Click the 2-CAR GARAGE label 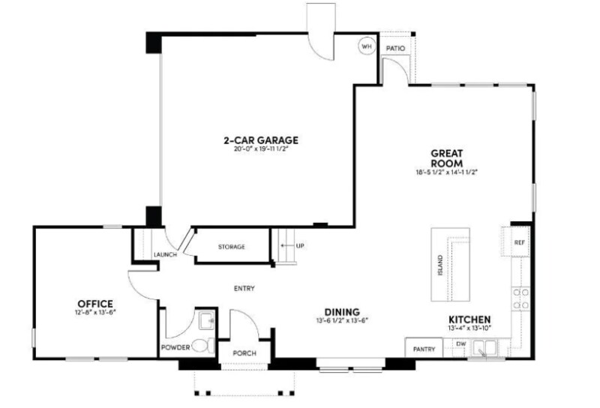(x=261, y=139)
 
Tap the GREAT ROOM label (x=446, y=158)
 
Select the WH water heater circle (x=367, y=46)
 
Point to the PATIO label (x=395, y=49)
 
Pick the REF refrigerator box (x=519, y=243)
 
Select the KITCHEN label (x=470, y=319)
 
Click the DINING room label (x=342, y=312)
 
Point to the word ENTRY (x=244, y=288)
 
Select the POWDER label (x=175, y=348)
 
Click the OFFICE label (x=94, y=303)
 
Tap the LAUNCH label (x=164, y=254)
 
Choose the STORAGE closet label (x=232, y=247)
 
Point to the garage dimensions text (x=261, y=149)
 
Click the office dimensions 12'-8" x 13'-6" (x=94, y=312)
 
